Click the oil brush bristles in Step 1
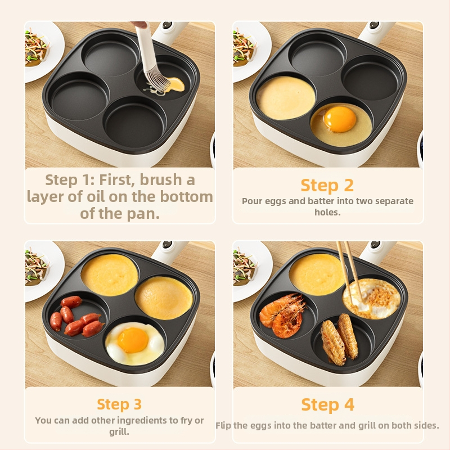pos(155,81)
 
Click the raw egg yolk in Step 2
pos(340,119)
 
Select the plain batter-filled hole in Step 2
pos(286,98)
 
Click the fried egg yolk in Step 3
pos(133,340)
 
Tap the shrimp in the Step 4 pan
pos(283,315)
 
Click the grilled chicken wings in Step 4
pos(339,339)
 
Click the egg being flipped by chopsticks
pos(371,299)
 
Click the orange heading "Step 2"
pos(327,186)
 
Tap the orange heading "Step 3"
pos(119,404)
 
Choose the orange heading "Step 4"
pos(328,404)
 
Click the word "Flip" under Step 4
pos(223,425)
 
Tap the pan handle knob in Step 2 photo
pos(373,25)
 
